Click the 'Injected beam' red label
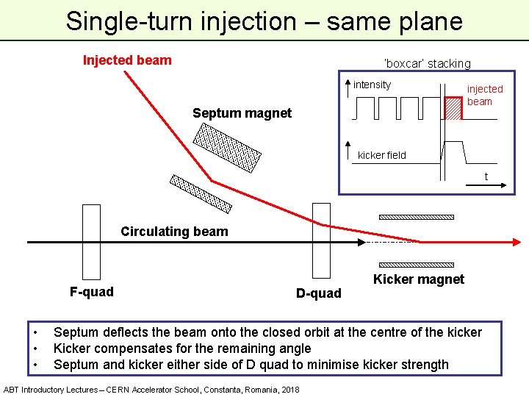[127, 60]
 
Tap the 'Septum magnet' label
[242, 113]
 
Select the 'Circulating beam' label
[174, 232]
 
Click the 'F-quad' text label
[92, 292]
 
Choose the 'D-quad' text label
[318, 293]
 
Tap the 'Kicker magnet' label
[418, 279]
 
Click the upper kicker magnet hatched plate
[416, 218]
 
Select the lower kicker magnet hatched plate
[416, 264]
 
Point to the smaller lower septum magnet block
[201, 193]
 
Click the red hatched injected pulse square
[453, 109]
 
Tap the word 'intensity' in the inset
[372, 85]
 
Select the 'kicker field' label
[381, 155]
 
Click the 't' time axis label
[486, 176]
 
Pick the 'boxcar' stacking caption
[427, 64]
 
